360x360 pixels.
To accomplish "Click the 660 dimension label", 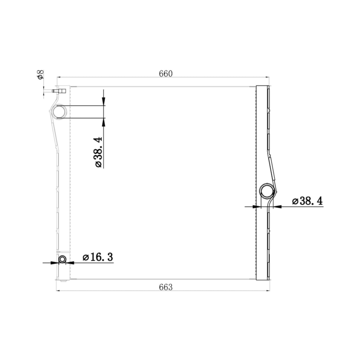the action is point(166,74).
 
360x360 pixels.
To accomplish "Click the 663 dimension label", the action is point(166,287).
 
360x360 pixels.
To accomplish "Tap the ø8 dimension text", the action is point(40,75).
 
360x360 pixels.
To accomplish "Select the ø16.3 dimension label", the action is point(98,257).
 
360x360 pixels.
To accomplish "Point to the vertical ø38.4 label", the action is point(98,152).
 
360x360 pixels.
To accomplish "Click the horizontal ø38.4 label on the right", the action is point(307,201).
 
